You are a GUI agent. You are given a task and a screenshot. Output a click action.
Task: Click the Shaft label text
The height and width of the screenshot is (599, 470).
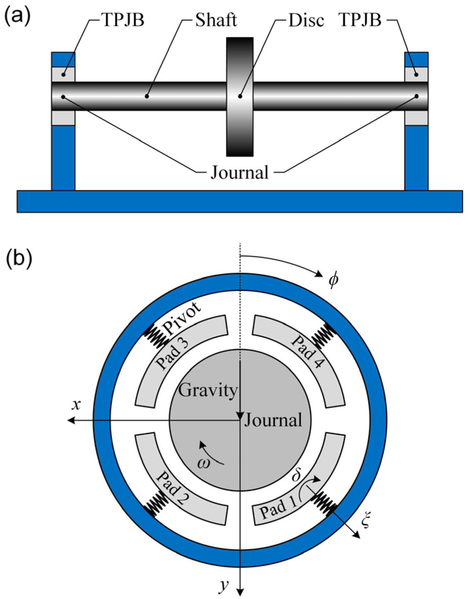click(216, 20)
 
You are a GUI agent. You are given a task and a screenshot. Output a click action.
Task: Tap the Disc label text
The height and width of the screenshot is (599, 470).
click(306, 20)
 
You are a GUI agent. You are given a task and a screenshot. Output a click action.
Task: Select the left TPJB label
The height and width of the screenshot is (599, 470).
click(123, 20)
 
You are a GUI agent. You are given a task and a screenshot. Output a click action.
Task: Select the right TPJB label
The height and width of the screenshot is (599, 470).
click(360, 20)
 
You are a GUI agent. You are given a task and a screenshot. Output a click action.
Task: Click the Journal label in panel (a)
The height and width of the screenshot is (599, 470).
click(240, 172)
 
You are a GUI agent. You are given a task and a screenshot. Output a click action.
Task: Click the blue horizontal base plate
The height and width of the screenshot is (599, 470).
click(240, 202)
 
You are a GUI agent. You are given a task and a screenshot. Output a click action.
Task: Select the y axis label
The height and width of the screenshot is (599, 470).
click(223, 585)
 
